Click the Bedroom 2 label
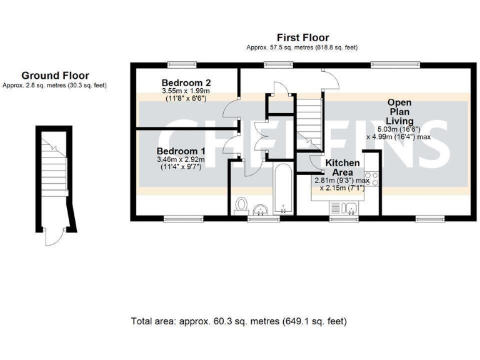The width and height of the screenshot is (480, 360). click(x=186, y=83)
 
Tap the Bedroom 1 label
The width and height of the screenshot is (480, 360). click(x=181, y=151)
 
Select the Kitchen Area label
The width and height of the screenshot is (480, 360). click(x=342, y=167)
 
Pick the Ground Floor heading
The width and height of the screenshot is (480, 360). click(x=55, y=76)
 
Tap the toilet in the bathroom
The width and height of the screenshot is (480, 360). click(x=241, y=207)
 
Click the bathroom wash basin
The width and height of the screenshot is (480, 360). click(x=261, y=208)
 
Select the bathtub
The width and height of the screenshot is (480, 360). click(x=283, y=188)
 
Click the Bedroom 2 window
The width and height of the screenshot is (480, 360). click(x=183, y=62)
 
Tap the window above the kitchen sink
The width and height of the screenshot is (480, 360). click(x=344, y=219)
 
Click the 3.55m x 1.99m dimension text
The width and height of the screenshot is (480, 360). click(x=186, y=91)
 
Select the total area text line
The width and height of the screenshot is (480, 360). click(x=239, y=321)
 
